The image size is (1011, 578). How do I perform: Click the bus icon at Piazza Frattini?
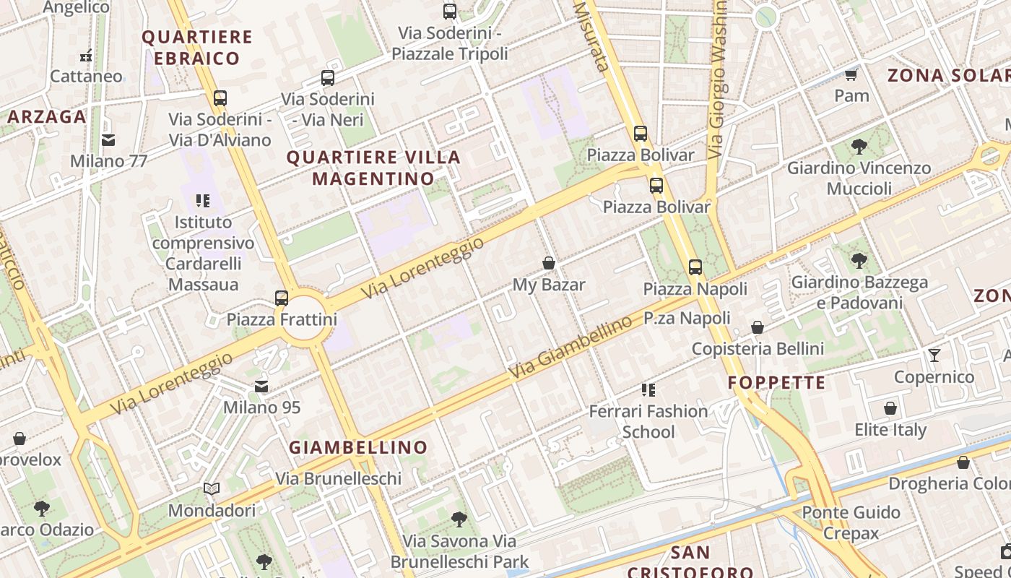point(282,298)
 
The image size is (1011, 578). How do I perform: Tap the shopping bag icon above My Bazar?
point(549,263)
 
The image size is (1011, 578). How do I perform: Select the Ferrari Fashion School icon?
point(648,390)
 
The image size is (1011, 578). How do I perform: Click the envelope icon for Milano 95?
point(261,387)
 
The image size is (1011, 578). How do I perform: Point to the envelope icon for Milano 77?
point(108,139)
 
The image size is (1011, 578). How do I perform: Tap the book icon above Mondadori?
point(212,489)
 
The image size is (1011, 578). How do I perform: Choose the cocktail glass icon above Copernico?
point(934,355)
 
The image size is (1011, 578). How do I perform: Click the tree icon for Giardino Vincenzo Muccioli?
point(859,147)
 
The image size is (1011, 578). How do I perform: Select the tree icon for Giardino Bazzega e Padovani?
point(859,260)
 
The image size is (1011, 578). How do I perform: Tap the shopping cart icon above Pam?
point(851,74)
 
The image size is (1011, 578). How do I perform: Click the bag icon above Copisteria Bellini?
point(758,328)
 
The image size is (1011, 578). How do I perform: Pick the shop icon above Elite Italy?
point(890,408)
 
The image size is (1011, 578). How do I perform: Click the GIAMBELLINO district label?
point(358,447)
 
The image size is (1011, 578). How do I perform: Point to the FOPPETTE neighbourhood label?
point(776,382)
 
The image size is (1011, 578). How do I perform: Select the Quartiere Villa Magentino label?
point(373,168)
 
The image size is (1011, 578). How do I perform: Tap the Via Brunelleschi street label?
point(338,478)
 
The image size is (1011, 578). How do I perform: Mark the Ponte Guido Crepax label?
point(852,522)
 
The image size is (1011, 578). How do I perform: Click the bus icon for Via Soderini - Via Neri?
point(328,78)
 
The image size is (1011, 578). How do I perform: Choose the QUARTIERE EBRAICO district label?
point(196,47)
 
